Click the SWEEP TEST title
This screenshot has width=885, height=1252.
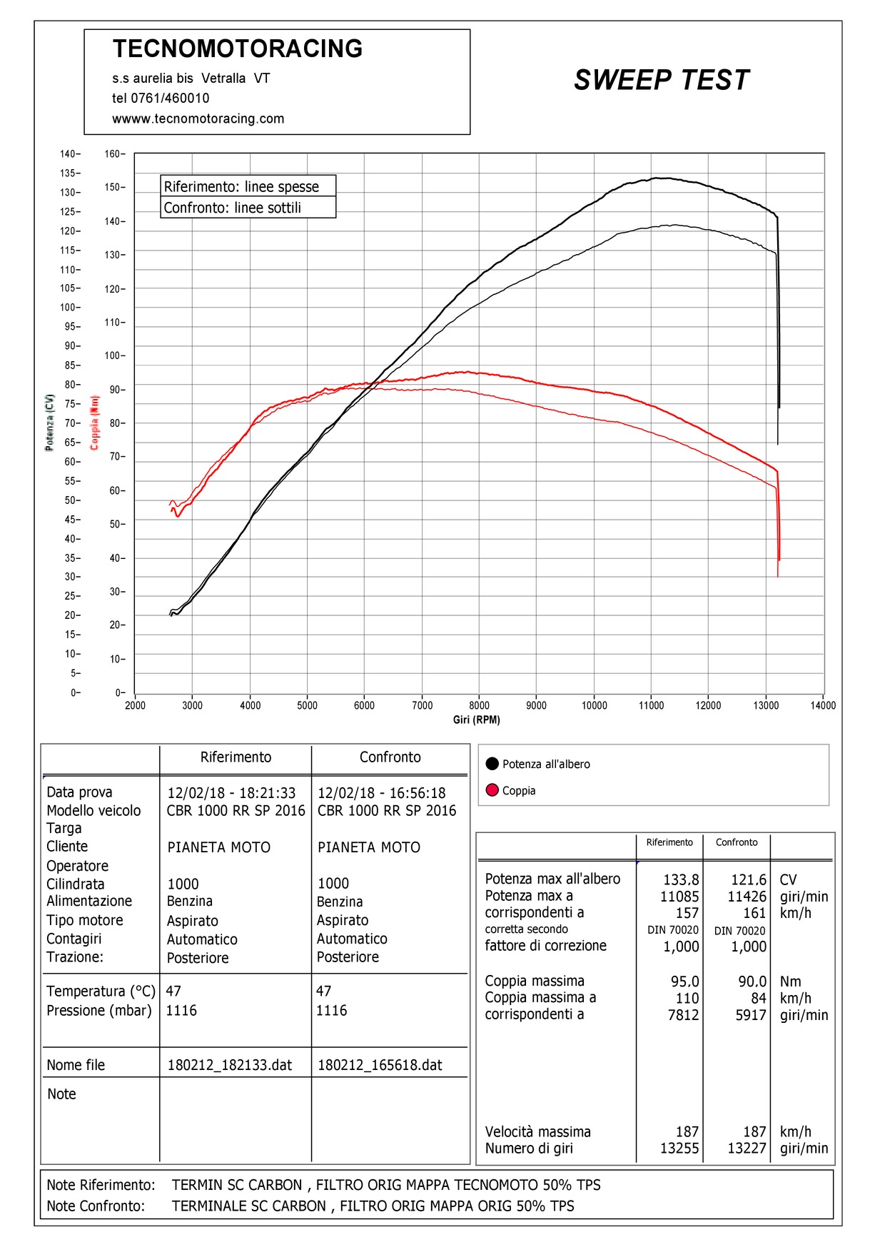coord(661,80)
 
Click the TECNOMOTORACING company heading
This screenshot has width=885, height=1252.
coord(238,49)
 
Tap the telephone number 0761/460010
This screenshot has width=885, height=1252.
coord(170,99)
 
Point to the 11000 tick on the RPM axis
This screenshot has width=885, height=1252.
coord(651,705)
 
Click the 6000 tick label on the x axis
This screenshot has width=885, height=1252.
coord(364,705)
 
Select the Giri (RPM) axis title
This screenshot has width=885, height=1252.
coord(476,720)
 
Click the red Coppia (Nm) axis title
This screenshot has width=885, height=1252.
coord(94,423)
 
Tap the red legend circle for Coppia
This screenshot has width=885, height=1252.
coord(492,790)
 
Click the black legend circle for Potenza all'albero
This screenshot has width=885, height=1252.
coord(492,764)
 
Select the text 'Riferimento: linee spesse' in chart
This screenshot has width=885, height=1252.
coord(241,187)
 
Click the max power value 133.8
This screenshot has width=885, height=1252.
coord(681,880)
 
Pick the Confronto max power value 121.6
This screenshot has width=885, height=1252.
coord(748,880)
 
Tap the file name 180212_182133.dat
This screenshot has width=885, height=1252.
coord(229,1065)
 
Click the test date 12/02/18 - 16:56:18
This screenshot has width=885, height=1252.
coord(381,793)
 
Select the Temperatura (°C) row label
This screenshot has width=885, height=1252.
coord(101,991)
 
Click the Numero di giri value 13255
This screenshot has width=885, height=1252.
coord(679,1148)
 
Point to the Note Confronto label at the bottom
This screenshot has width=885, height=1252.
coord(96,1206)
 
